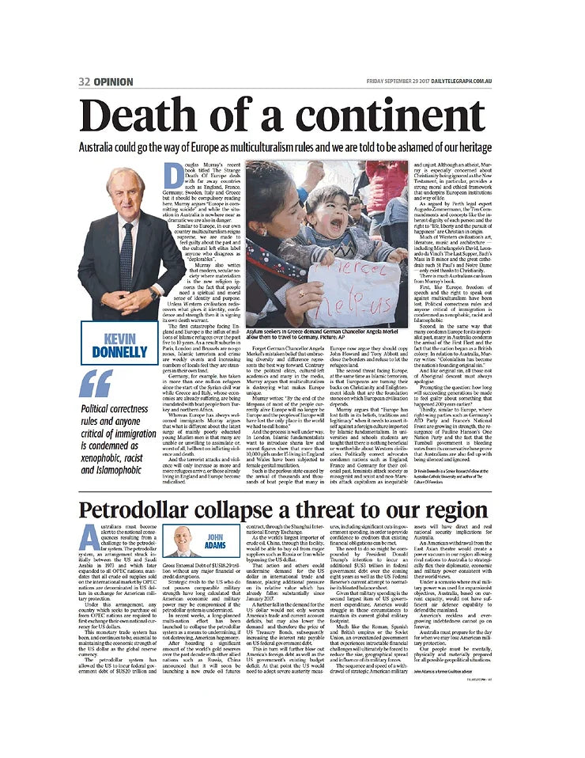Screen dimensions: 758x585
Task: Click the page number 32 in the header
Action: coord(85,81)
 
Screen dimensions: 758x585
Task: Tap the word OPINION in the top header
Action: coord(119,81)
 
